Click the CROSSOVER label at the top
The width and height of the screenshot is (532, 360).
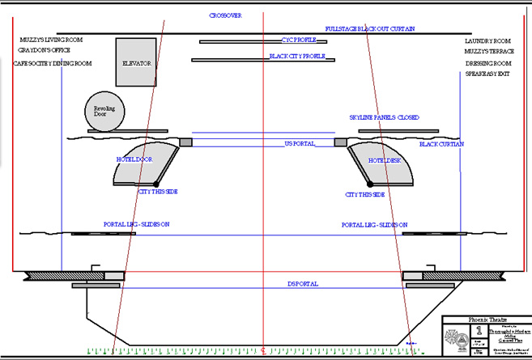[x=225, y=15]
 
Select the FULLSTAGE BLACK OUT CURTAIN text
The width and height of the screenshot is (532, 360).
[x=370, y=28]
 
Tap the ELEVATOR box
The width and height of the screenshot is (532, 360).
[x=136, y=62]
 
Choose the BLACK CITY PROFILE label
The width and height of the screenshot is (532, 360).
[x=297, y=57]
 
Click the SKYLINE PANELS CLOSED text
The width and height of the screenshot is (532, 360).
[x=384, y=117]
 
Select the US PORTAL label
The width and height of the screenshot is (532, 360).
[x=300, y=144]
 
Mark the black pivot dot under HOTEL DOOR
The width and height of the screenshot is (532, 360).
[x=155, y=184]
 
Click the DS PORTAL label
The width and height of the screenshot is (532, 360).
[x=303, y=284]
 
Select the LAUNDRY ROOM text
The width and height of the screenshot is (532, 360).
[x=487, y=40]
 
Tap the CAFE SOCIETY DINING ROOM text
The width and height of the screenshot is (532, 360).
[x=55, y=63]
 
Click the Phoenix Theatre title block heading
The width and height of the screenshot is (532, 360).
[x=483, y=319]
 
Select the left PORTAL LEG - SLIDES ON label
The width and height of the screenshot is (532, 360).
[x=136, y=224]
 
